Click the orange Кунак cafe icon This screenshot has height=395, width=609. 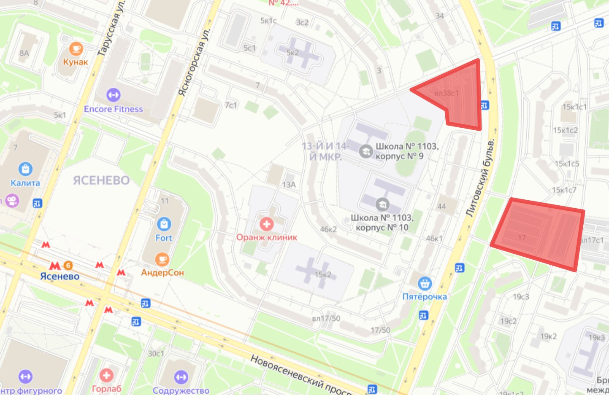tap(76, 49)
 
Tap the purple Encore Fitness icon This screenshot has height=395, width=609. tap(113, 95)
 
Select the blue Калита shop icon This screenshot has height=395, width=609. tap(26, 169)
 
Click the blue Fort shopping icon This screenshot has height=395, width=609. tap(164, 224)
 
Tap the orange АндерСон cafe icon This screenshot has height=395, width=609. tap(162, 259)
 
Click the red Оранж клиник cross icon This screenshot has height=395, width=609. tap(266, 223)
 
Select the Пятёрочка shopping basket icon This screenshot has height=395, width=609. tap(425, 283)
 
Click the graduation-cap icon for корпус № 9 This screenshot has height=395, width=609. tap(365, 151)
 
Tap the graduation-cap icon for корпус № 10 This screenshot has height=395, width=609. tap(382, 204)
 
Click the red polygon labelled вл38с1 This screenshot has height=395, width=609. tap(460, 97)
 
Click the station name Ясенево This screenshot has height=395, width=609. tap(60, 277)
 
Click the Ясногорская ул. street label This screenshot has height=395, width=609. tap(193, 63)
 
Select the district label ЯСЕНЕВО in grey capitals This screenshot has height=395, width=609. tap(101, 180)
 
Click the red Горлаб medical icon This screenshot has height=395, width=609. tap(106, 375)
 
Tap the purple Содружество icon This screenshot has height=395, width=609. tap(181, 377)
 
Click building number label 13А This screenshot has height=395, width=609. tap(289, 185)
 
